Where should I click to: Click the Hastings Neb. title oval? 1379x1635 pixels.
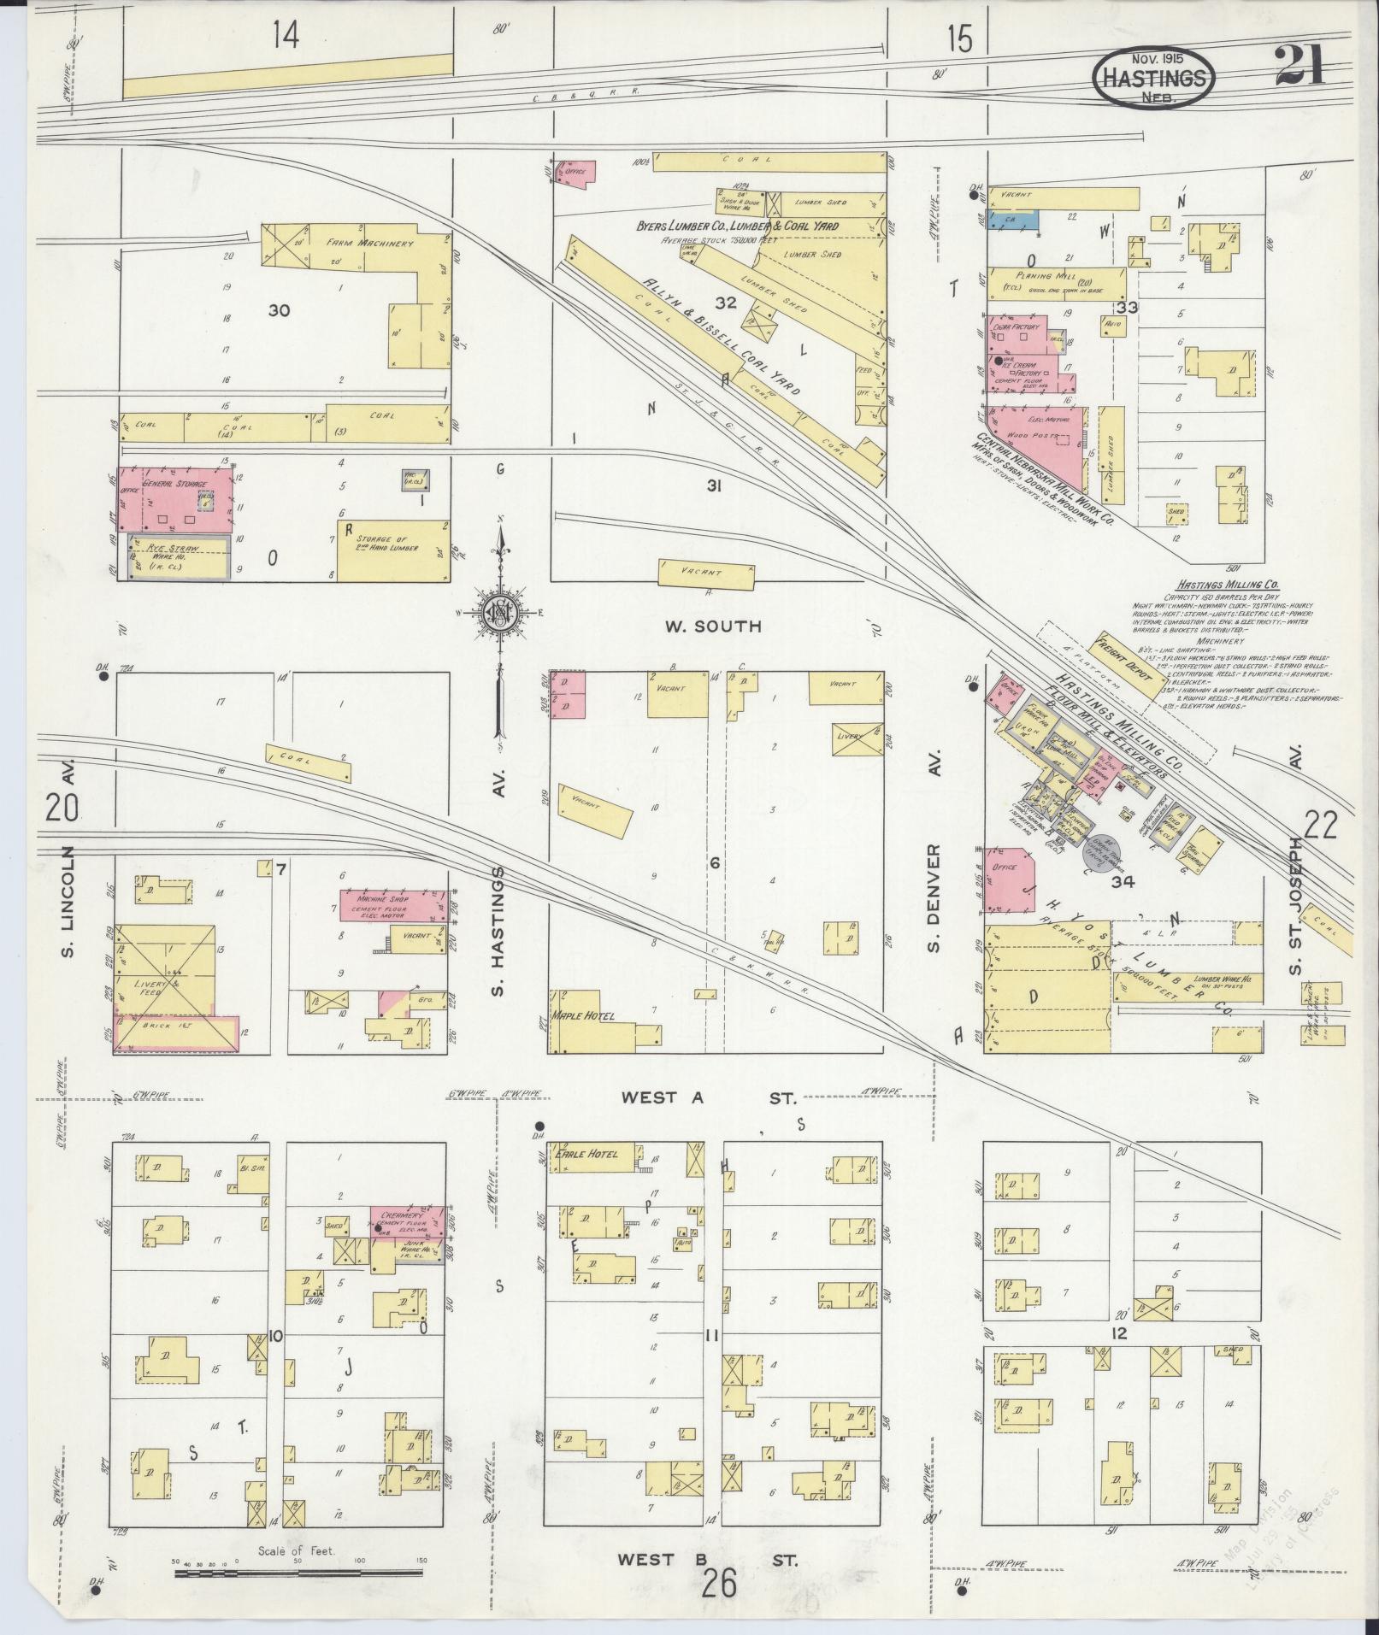point(1153,78)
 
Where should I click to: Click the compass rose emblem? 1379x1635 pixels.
point(497,614)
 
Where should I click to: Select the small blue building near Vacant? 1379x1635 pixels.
point(1014,220)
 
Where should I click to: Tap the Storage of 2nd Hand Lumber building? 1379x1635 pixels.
point(392,550)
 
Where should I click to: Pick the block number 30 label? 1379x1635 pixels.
point(279,311)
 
